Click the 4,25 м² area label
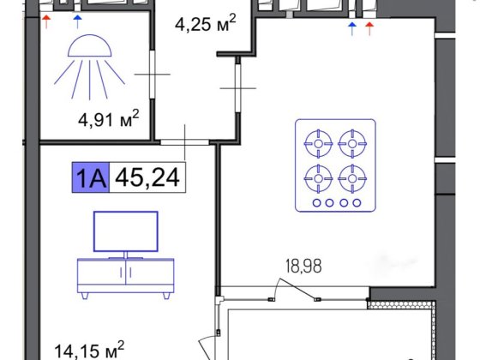[x=206, y=24]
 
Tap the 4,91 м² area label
[x=109, y=119]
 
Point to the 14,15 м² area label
[x=89, y=350]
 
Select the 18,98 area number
[x=303, y=266]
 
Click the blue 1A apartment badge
[x=91, y=178]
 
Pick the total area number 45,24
[x=147, y=178]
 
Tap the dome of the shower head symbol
[x=90, y=45]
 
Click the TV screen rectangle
[x=126, y=231]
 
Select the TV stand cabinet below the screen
[x=125, y=275]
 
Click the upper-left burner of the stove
[x=318, y=144]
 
